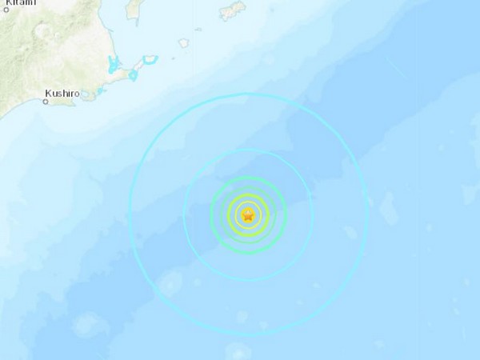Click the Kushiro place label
pos(61,94)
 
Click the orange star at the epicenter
pos(248,214)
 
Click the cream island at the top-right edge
pos(232,10)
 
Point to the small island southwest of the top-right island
pos(183,42)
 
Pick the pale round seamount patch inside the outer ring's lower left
pos(170,282)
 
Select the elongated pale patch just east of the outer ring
pos(389,210)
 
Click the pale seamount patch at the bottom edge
pos(238,351)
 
